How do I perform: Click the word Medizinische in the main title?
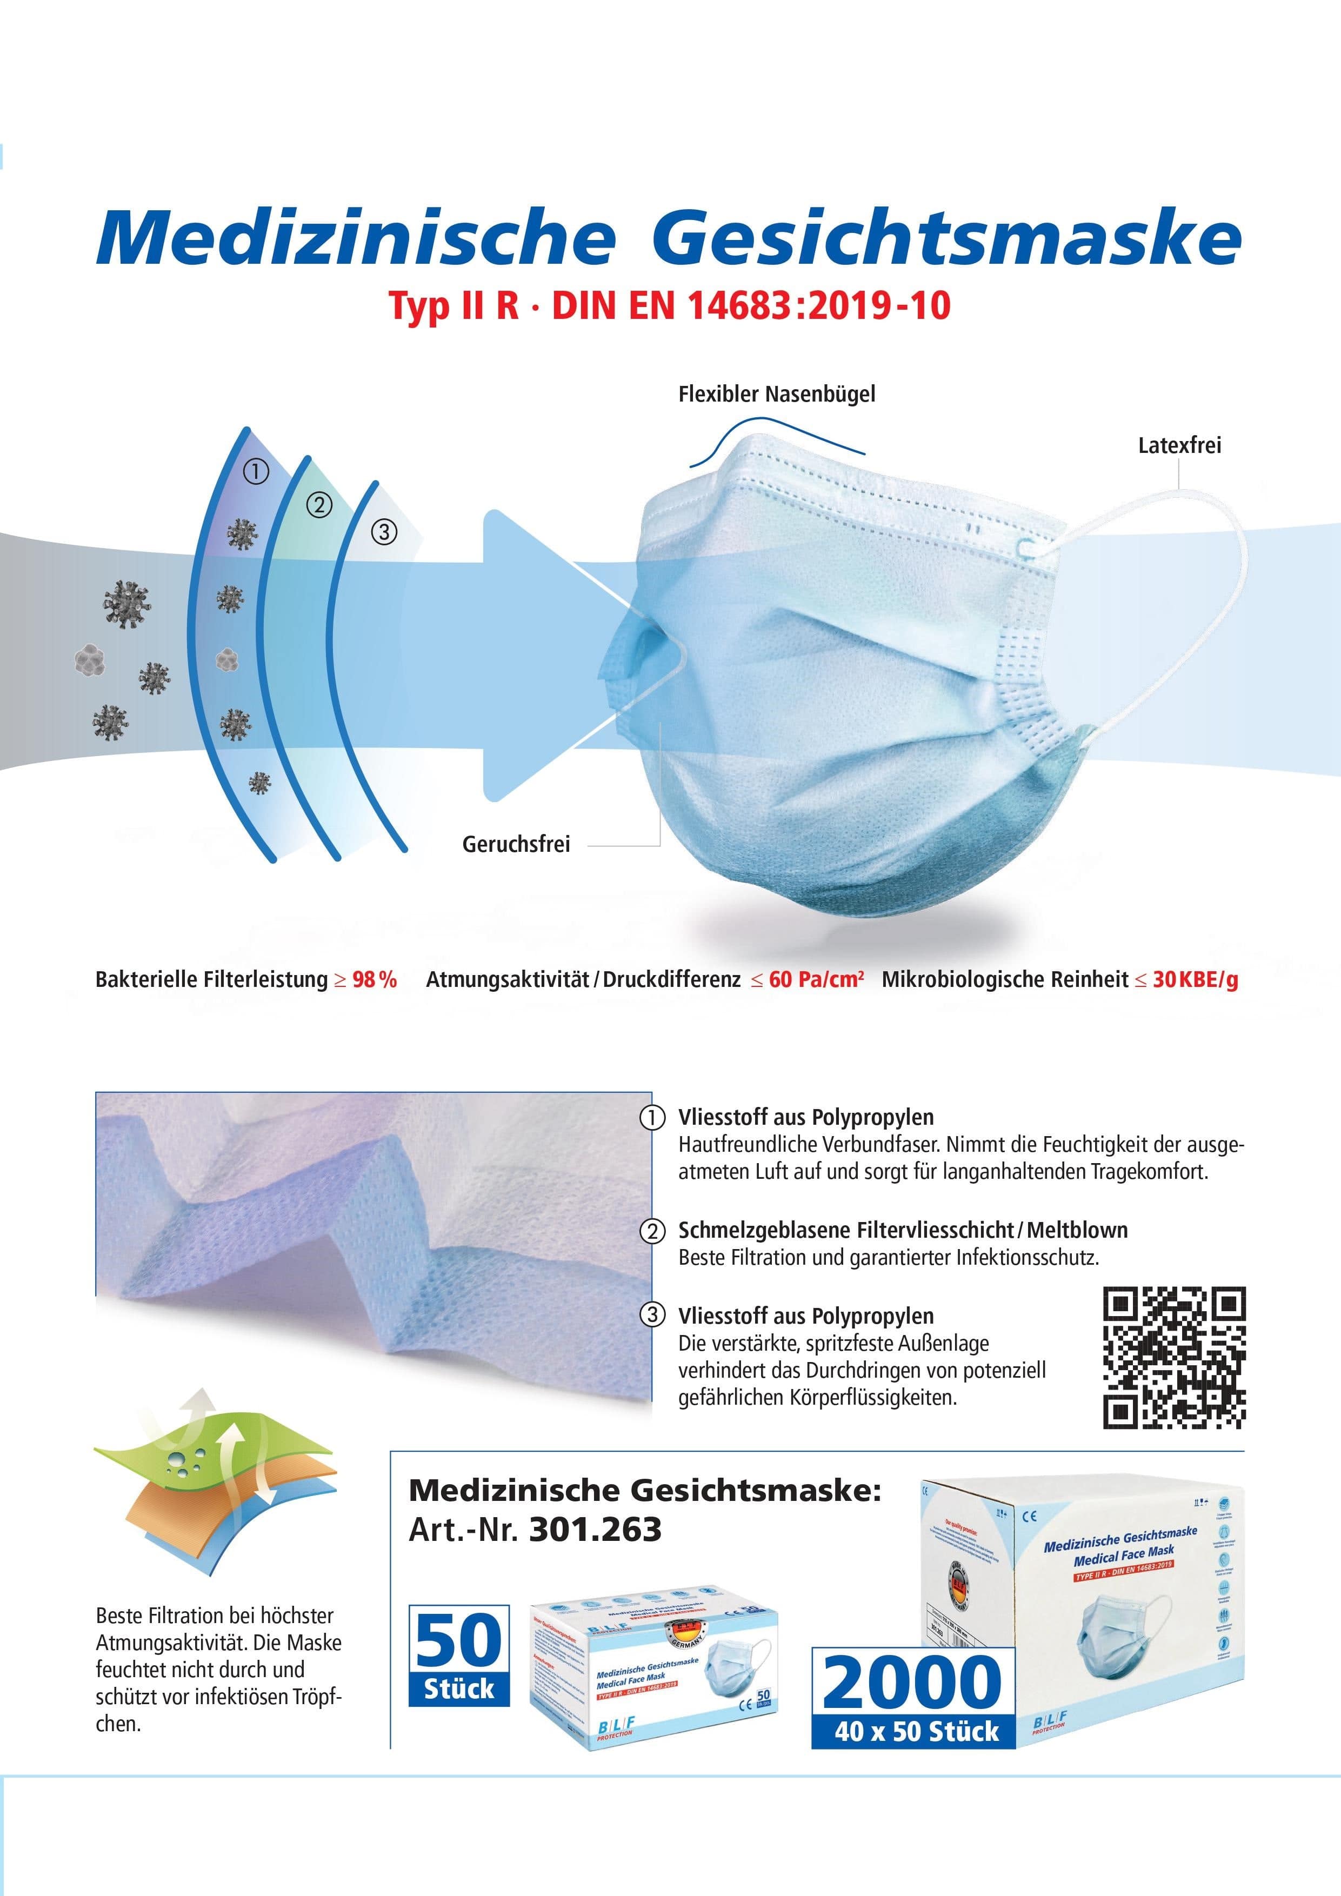point(356,238)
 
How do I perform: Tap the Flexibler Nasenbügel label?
point(776,394)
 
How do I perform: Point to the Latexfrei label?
point(1179,446)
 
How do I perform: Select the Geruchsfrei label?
point(516,845)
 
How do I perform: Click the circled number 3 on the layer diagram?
point(384,532)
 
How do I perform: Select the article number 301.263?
point(595,1530)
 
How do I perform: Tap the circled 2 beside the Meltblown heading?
point(652,1231)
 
